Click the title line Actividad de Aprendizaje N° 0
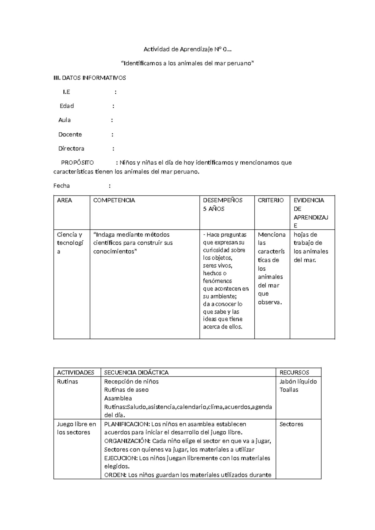(187, 49)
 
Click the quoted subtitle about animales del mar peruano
(187, 63)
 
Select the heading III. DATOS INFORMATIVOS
(90, 78)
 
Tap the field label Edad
(67, 106)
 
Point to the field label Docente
(70, 134)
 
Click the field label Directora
(71, 148)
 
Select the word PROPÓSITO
(77, 162)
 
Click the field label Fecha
(62, 186)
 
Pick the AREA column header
(64, 200)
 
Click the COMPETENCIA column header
(114, 200)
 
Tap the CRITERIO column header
(271, 200)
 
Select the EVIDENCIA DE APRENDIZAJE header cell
(311, 212)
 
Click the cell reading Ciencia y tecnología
(70, 243)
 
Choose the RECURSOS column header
(294, 372)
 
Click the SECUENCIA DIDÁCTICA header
(136, 372)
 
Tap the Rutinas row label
(67, 382)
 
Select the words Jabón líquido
(298, 382)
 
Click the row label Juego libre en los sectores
(76, 428)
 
